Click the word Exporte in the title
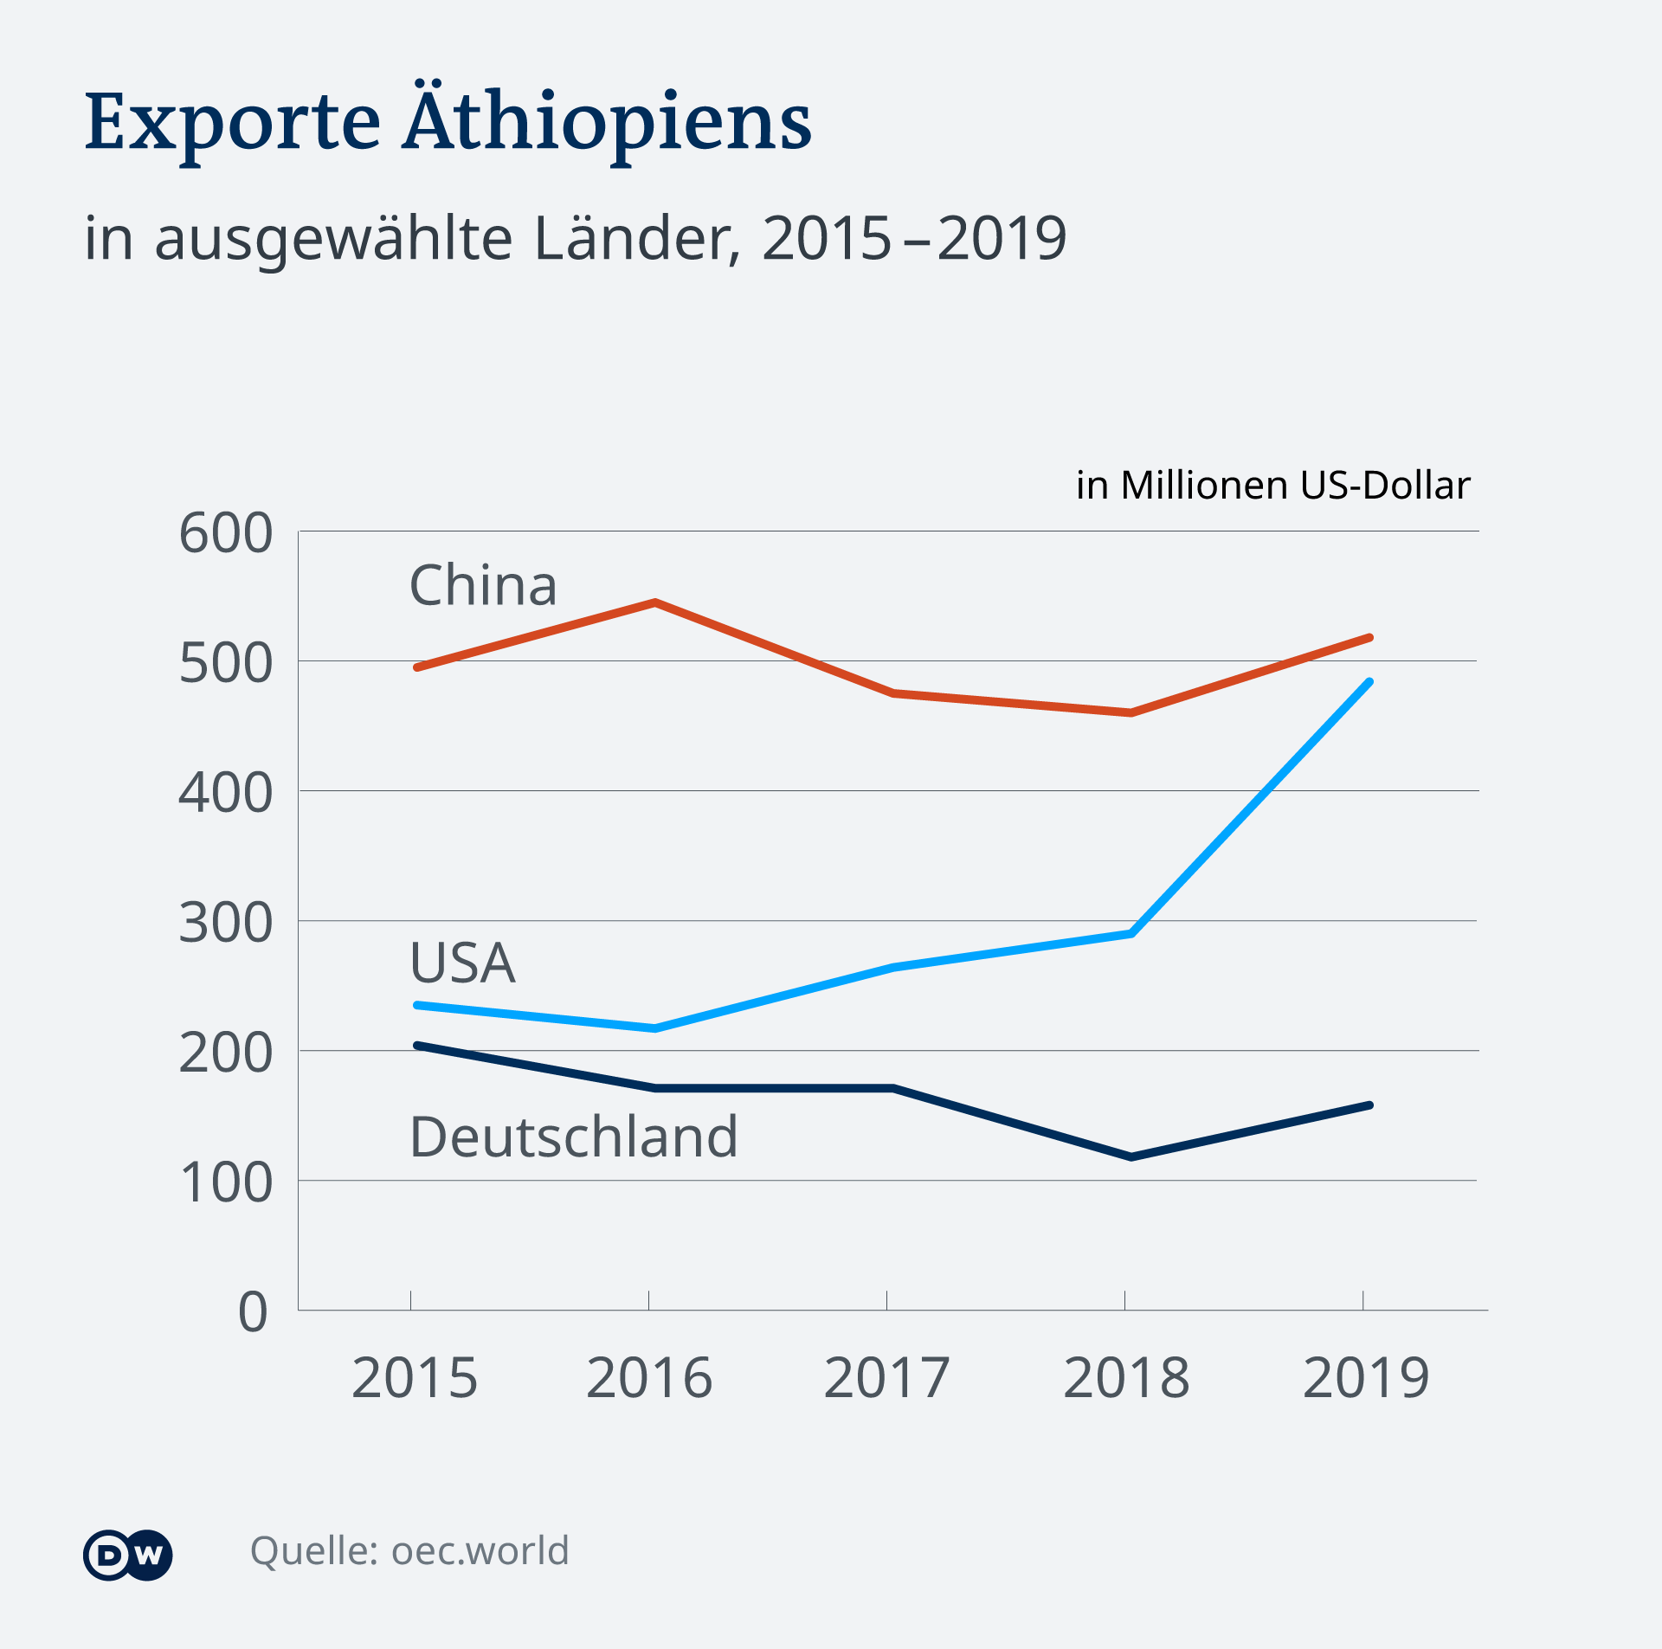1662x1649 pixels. [232, 123]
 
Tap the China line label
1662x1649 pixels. [483, 585]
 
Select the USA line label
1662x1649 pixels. [462, 963]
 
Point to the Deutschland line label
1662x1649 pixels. [573, 1137]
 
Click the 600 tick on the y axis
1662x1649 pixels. [225, 533]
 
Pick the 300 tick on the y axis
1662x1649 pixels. [225, 923]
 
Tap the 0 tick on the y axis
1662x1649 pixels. [253, 1312]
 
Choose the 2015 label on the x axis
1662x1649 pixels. [414, 1378]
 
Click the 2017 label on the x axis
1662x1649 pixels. [886, 1378]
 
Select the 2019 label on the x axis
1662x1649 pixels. [1365, 1378]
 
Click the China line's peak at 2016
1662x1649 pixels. [655, 602]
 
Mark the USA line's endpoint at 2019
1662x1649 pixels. [1369, 682]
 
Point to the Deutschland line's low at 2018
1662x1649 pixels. [1131, 1156]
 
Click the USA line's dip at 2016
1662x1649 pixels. [654, 1028]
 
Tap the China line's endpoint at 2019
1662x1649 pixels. [1369, 638]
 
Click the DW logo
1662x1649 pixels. [128, 1556]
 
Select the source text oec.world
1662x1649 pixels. [480, 1550]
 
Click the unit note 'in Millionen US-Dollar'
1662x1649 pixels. [1272, 486]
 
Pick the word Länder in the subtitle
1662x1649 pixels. [637, 238]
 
